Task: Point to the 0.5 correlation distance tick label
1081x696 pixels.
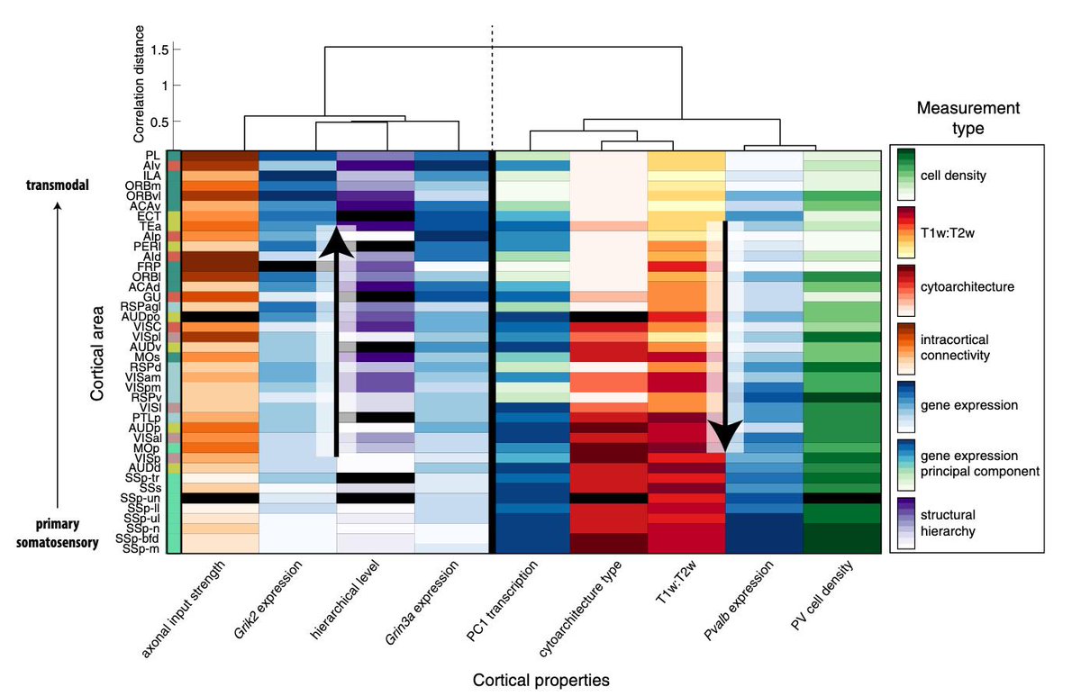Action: pyautogui.click(x=159, y=122)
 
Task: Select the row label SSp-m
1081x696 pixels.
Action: pyautogui.click(x=144, y=548)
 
